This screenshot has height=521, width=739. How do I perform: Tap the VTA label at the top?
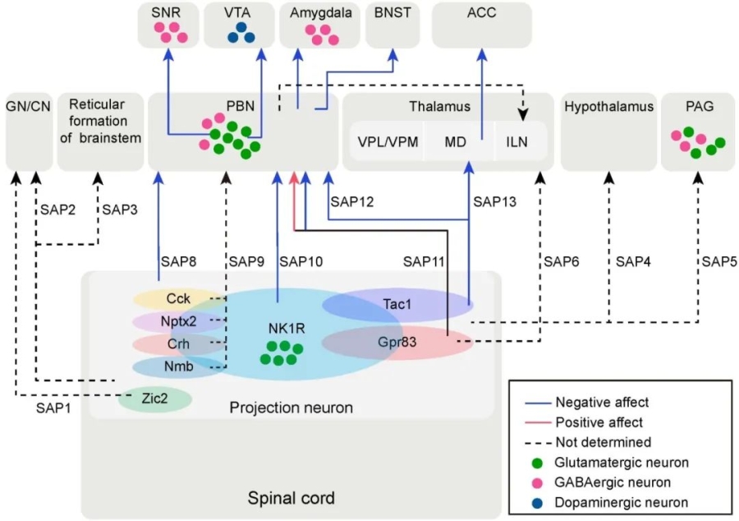pyautogui.click(x=241, y=13)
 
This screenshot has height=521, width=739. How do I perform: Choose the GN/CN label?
pyautogui.click(x=28, y=106)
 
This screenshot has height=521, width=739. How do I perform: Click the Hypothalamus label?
pyautogui.click(x=608, y=106)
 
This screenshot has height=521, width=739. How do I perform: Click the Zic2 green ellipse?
pyautogui.click(x=155, y=399)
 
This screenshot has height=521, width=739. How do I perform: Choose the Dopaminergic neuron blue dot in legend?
pyautogui.click(x=534, y=502)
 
